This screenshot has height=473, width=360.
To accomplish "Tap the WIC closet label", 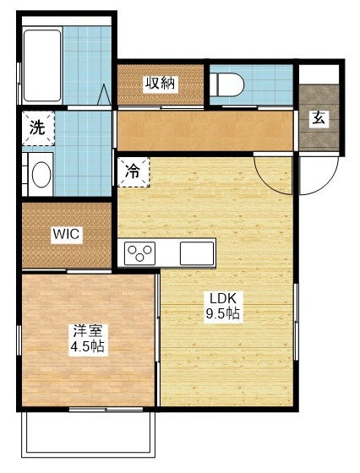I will (x=66, y=235).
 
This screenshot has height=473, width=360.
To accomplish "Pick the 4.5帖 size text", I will (x=87, y=347).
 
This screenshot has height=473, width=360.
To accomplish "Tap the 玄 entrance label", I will (x=319, y=117).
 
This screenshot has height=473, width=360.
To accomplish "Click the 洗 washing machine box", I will (x=38, y=128).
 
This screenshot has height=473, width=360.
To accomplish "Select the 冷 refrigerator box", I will (x=133, y=171).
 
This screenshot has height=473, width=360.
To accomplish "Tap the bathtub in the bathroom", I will (x=40, y=66).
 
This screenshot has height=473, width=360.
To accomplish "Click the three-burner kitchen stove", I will (x=139, y=252).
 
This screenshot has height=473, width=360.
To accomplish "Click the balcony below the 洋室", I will (x=88, y=434).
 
